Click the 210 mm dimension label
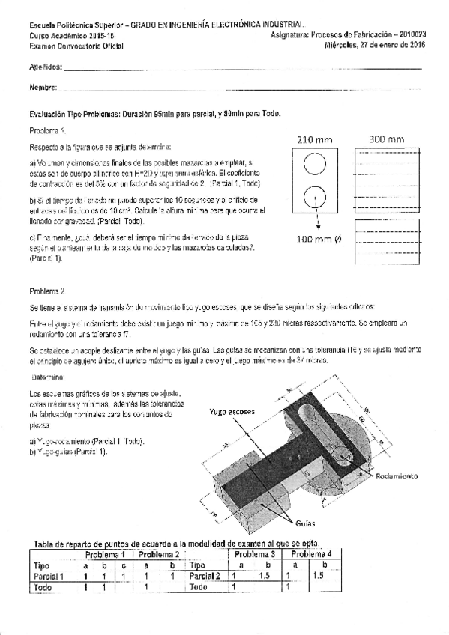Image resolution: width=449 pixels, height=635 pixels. click(314, 140)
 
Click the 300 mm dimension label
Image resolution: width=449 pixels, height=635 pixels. click(387, 139)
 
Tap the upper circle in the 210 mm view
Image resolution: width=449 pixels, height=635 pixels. click(315, 165)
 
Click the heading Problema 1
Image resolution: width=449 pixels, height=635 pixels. click(48, 131)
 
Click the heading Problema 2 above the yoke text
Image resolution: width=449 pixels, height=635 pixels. click(47, 291)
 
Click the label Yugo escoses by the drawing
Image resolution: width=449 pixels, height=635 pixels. click(232, 412)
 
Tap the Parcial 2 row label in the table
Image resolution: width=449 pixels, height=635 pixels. click(205, 577)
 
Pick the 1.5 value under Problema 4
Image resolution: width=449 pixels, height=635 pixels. click(319, 576)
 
